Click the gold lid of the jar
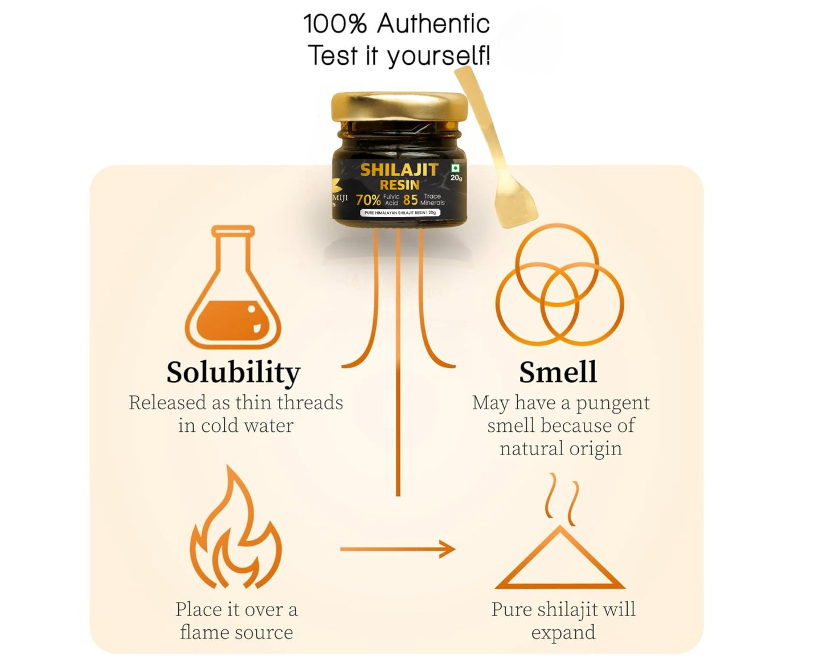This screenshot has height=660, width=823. pyautogui.click(x=399, y=107)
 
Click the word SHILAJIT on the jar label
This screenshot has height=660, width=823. pyautogui.click(x=399, y=170)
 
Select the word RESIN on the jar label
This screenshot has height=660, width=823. pyautogui.click(x=399, y=185)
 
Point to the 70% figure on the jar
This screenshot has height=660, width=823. pyautogui.click(x=368, y=200)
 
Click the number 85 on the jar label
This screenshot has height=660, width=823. pyautogui.click(x=410, y=200)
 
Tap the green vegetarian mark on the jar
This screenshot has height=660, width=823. pyautogui.click(x=455, y=168)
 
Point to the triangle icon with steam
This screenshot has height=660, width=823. pyautogui.click(x=560, y=546)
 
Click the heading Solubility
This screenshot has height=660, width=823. pyautogui.click(x=233, y=373)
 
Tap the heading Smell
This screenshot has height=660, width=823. pyautogui.click(x=558, y=373)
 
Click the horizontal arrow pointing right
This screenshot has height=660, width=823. pyautogui.click(x=398, y=549)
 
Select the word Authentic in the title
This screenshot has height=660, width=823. pyautogui.click(x=433, y=24)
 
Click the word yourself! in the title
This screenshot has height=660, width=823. pyautogui.click(x=439, y=56)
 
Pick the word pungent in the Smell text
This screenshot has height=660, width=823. pyautogui.click(x=612, y=403)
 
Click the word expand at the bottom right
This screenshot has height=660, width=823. pyautogui.click(x=563, y=633)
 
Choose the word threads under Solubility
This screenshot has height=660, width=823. pyautogui.click(x=310, y=403)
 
